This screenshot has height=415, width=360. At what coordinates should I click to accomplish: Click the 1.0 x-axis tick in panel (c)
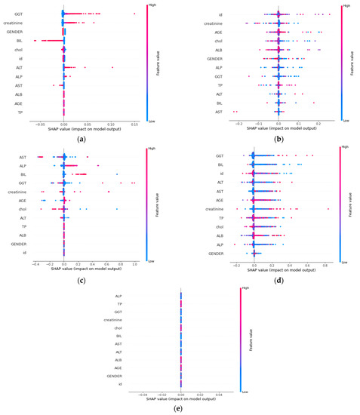click(134, 265)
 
